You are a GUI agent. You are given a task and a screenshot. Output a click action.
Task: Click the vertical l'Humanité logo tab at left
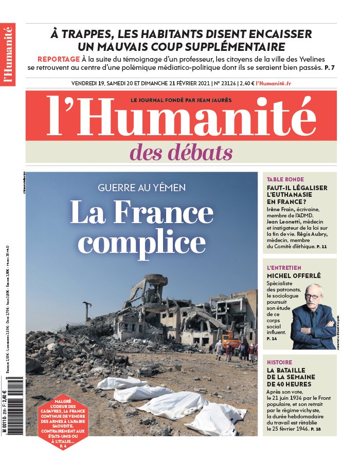[x=8, y=54]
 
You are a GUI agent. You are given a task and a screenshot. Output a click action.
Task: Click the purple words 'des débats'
[x=181, y=152]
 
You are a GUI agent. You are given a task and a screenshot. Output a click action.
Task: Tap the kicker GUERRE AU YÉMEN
[x=141, y=188]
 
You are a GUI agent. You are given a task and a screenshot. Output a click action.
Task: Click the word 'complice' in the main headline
[x=141, y=240]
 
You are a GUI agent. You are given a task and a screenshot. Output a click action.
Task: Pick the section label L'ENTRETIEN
[x=284, y=268]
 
